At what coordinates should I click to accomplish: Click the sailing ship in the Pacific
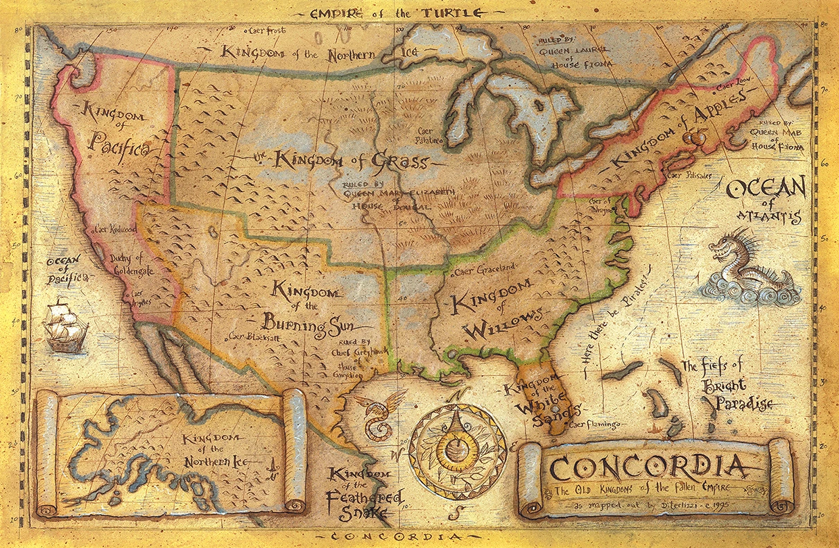tap(65, 325)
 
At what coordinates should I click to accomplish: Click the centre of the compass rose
tap(457, 442)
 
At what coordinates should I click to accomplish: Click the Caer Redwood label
tap(114, 228)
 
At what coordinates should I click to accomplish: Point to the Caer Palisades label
tap(690, 176)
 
